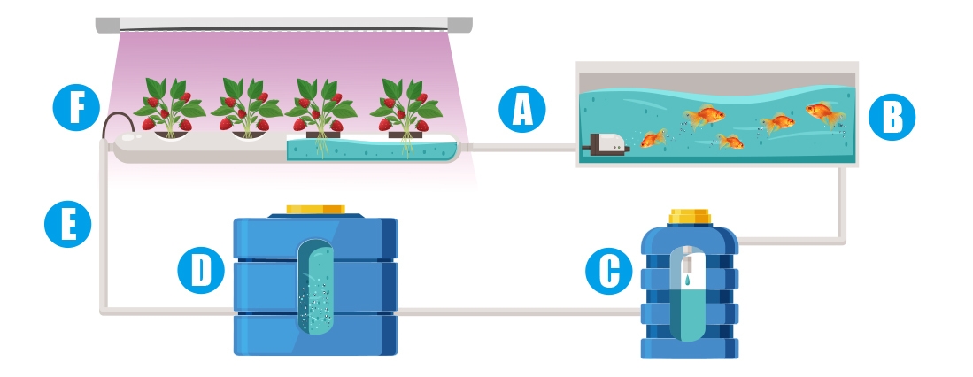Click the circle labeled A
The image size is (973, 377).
pyautogui.click(x=522, y=111)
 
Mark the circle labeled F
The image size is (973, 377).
pyautogui.click(x=77, y=110)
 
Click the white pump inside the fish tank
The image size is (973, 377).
pyautogui.click(x=606, y=142)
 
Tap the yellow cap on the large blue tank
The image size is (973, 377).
pyautogui.click(x=315, y=211)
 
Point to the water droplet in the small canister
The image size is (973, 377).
pyautogui.click(x=687, y=280)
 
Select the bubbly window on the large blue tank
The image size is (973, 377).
pyautogui.click(x=315, y=286)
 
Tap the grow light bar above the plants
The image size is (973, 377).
pyautogui.click(x=283, y=24)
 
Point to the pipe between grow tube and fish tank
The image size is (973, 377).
pyautogui.click(x=522, y=147)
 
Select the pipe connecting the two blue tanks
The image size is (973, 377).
pyautogui.click(x=518, y=311)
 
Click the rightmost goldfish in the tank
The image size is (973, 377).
pyautogui.click(x=822, y=113)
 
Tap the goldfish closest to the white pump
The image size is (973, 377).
pyautogui.click(x=653, y=139)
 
